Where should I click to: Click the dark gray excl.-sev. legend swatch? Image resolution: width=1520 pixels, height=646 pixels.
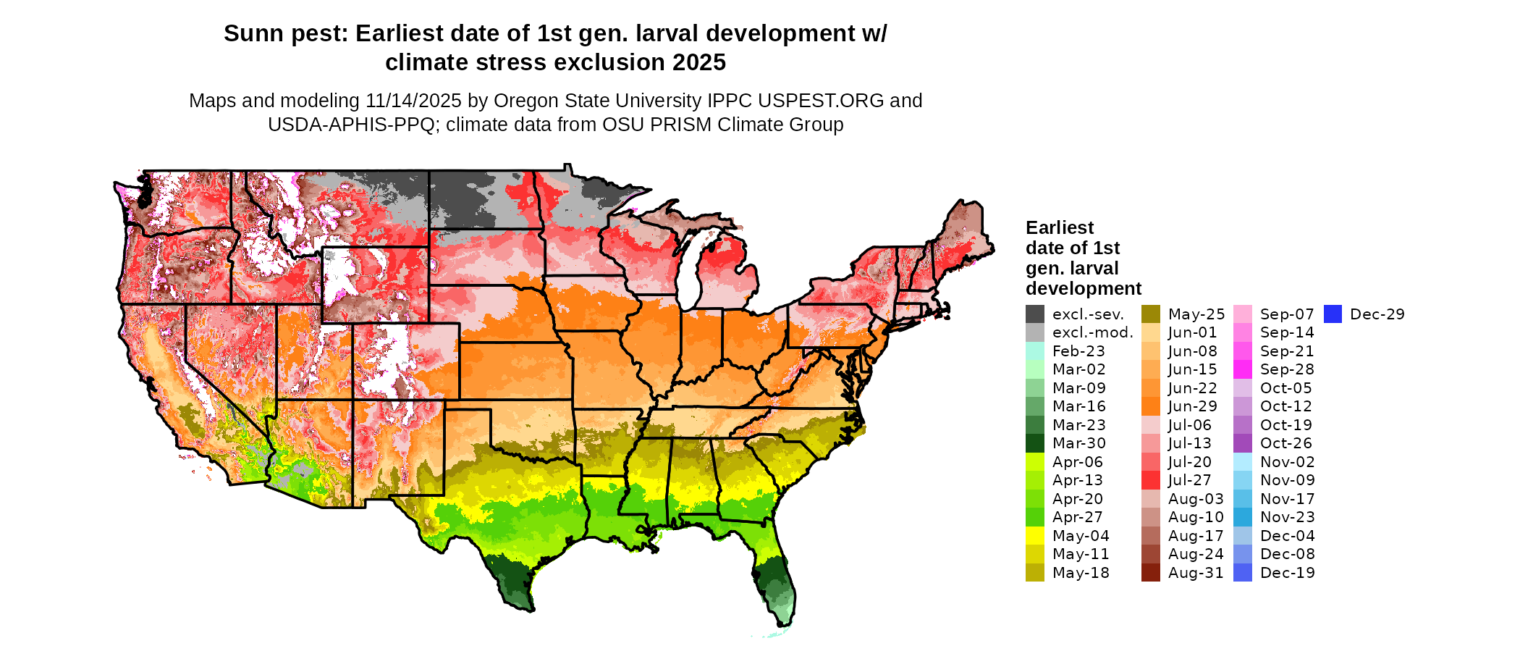click(1035, 314)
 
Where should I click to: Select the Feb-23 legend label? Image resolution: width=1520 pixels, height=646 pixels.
click(1078, 351)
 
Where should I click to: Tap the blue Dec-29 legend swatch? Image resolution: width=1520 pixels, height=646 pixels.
click(1333, 314)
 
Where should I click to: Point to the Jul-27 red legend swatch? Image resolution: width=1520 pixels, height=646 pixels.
click(1151, 480)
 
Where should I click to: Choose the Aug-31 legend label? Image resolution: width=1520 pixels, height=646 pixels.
click(1196, 573)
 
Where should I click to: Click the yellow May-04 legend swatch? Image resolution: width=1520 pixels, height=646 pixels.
click(1035, 536)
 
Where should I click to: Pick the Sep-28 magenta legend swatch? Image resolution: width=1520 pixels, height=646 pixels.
click(1243, 369)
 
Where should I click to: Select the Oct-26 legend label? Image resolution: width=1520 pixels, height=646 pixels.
click(1286, 443)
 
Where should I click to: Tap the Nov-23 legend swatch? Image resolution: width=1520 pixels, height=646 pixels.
click(1243, 517)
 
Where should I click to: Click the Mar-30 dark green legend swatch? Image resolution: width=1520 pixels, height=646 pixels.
click(1035, 443)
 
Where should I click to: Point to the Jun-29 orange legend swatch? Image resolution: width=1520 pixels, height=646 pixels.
click(1151, 406)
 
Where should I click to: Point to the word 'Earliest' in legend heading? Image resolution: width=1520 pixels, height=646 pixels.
click(1060, 228)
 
